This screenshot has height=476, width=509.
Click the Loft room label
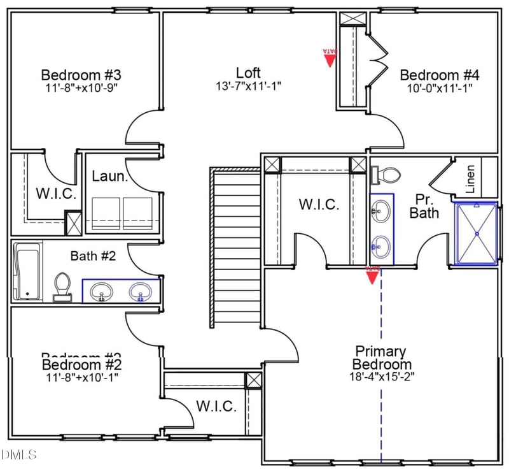248,73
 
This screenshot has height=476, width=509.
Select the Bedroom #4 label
440,75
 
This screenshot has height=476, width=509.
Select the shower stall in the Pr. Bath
476,233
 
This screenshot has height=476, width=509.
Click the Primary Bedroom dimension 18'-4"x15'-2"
381,376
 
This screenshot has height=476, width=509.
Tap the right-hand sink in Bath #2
141,292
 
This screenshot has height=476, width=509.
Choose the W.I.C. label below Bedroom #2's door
216,406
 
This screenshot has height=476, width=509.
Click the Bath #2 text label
93,256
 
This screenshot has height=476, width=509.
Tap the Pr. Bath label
424,205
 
